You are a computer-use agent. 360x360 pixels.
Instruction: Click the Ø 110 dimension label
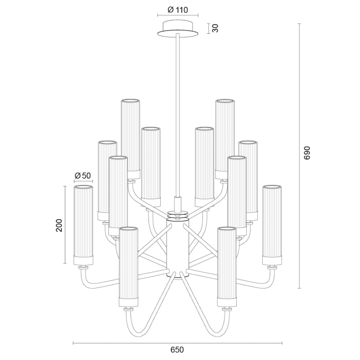pos(177,10)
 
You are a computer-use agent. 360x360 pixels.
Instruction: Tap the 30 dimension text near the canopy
pos(215,28)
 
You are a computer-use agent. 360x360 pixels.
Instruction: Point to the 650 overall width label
pos(177,349)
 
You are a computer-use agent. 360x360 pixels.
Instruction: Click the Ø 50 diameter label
pos(83,175)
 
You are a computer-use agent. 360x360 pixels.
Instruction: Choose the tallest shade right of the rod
pos(225,135)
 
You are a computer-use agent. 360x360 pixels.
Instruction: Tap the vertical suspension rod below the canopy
pos(178,112)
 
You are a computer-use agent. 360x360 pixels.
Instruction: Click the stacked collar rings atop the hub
pos(177,215)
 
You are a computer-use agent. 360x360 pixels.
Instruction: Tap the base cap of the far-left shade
pos(83,260)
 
